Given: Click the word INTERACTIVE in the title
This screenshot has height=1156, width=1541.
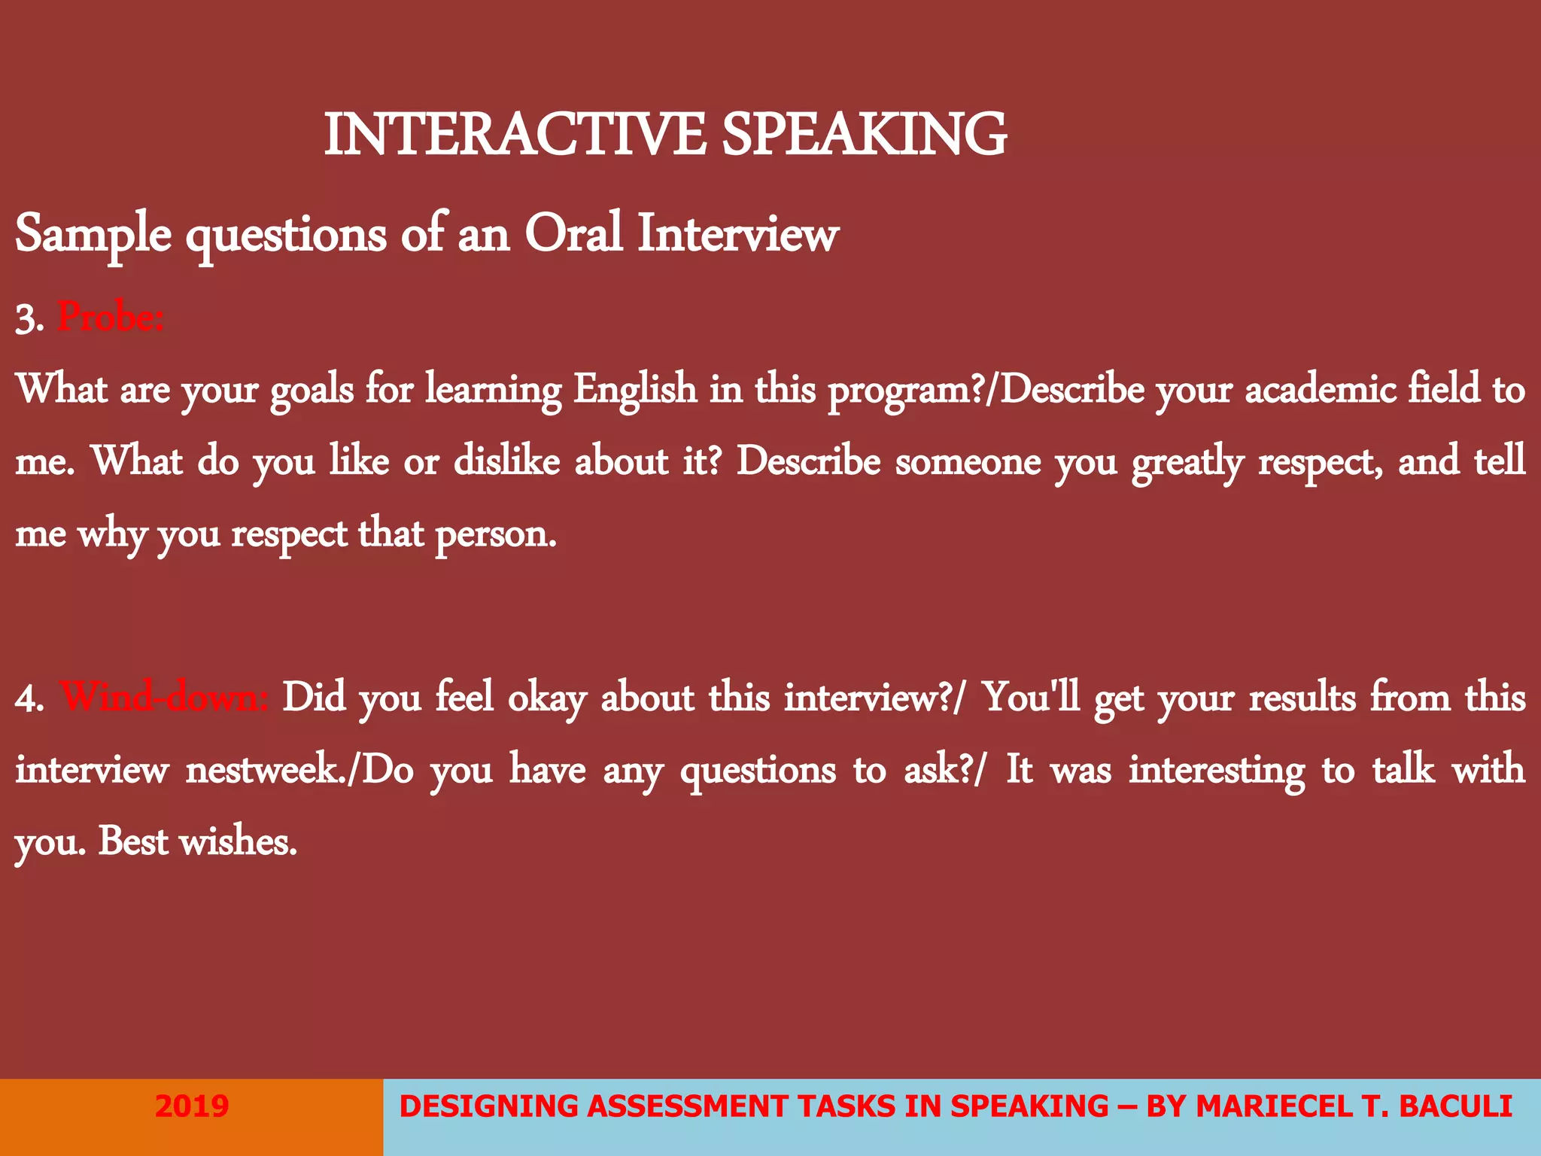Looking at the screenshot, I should point(514,135).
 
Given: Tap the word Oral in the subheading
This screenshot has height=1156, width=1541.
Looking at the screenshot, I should point(573,233).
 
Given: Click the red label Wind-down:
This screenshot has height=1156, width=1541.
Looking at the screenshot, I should point(163,697).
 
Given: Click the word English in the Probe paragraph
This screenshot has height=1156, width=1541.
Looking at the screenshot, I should point(635,391).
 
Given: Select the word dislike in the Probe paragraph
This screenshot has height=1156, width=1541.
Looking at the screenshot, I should point(506,461).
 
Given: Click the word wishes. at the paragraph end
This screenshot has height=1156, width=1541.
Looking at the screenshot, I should point(238,841).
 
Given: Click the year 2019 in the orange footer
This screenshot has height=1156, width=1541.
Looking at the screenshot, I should point(191,1106).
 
